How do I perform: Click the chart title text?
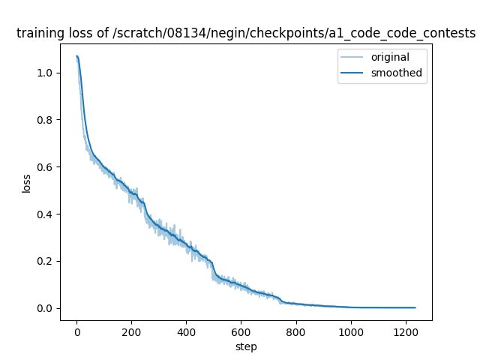246,33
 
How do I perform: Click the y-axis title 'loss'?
26,182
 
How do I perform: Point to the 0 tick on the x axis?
76,331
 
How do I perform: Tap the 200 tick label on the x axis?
131,331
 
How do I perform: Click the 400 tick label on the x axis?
186,331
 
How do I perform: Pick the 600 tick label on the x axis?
241,331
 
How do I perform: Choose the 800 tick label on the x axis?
295,331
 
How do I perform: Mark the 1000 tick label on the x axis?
350,331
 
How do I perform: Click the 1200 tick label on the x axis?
405,331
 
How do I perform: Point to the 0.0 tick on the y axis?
46,308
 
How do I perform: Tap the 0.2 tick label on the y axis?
46,261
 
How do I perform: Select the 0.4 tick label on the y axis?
46,214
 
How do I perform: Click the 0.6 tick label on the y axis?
46,167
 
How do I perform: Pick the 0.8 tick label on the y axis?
46,120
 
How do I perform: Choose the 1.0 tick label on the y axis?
46,73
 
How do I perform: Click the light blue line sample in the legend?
353,58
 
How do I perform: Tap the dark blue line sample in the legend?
353,73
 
